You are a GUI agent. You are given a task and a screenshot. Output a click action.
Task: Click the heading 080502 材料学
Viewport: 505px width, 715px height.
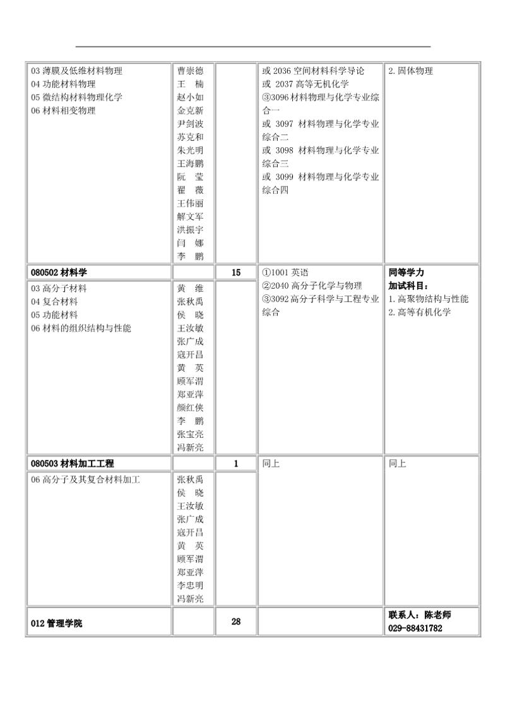[59, 272]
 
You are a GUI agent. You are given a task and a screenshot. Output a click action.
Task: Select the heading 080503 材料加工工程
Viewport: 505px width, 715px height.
[72, 464]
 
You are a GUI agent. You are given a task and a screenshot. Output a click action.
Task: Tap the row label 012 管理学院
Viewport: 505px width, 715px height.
[57, 623]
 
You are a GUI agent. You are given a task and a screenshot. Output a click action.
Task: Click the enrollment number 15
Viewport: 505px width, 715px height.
[236, 272]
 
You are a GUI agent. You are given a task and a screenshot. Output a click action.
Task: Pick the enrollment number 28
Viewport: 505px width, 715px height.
[236, 622]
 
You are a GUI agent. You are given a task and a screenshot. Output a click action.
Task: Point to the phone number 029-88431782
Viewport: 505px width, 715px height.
[415, 628]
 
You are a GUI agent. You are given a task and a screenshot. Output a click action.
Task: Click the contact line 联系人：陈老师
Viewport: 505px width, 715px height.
[420, 615]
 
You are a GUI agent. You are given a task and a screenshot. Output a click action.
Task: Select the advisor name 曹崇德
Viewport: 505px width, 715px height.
[191, 71]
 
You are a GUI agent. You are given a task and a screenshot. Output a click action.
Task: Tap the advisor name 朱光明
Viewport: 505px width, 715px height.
[191, 150]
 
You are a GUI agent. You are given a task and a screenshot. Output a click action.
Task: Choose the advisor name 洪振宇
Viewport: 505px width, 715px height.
[191, 230]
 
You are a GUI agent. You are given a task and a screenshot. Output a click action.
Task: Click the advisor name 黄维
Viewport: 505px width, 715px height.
[191, 288]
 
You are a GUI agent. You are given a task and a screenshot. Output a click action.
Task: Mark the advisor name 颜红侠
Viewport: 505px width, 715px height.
[191, 407]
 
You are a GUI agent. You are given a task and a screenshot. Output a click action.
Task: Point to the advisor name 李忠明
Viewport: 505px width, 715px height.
[191, 586]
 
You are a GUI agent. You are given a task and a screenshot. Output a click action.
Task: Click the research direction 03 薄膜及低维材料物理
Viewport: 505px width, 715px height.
[76, 71]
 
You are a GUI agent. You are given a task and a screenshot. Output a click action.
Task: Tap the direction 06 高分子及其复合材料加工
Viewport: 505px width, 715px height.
[85, 479]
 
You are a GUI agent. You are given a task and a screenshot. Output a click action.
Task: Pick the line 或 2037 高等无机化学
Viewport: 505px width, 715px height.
[306, 84]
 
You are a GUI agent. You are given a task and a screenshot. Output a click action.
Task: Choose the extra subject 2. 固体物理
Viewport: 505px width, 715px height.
[410, 71]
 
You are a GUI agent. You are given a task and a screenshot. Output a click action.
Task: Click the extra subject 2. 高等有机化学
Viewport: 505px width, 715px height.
[419, 312]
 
